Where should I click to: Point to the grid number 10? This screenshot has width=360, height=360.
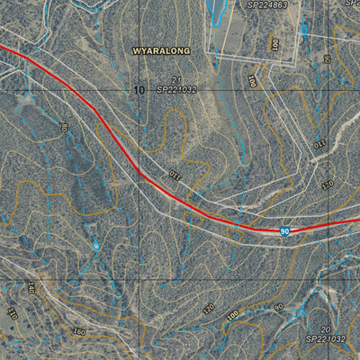coord(138,90)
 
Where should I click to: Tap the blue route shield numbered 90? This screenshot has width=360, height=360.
coord(284,231)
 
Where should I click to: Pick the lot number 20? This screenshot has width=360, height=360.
coord(325,329)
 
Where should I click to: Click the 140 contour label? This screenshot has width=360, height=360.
coord(31,288)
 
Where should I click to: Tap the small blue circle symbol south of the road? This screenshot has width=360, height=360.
coord(96,245)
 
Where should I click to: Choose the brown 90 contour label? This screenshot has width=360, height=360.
coord(278,307)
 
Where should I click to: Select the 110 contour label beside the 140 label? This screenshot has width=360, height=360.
coord(13,313)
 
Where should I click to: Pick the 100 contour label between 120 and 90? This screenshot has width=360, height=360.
coord(233,316)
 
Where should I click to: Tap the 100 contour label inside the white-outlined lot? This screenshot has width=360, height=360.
coord(274,42)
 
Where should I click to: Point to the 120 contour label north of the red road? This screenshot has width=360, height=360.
coord(327,184)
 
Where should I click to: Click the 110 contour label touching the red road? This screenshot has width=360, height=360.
coord(174,174)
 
